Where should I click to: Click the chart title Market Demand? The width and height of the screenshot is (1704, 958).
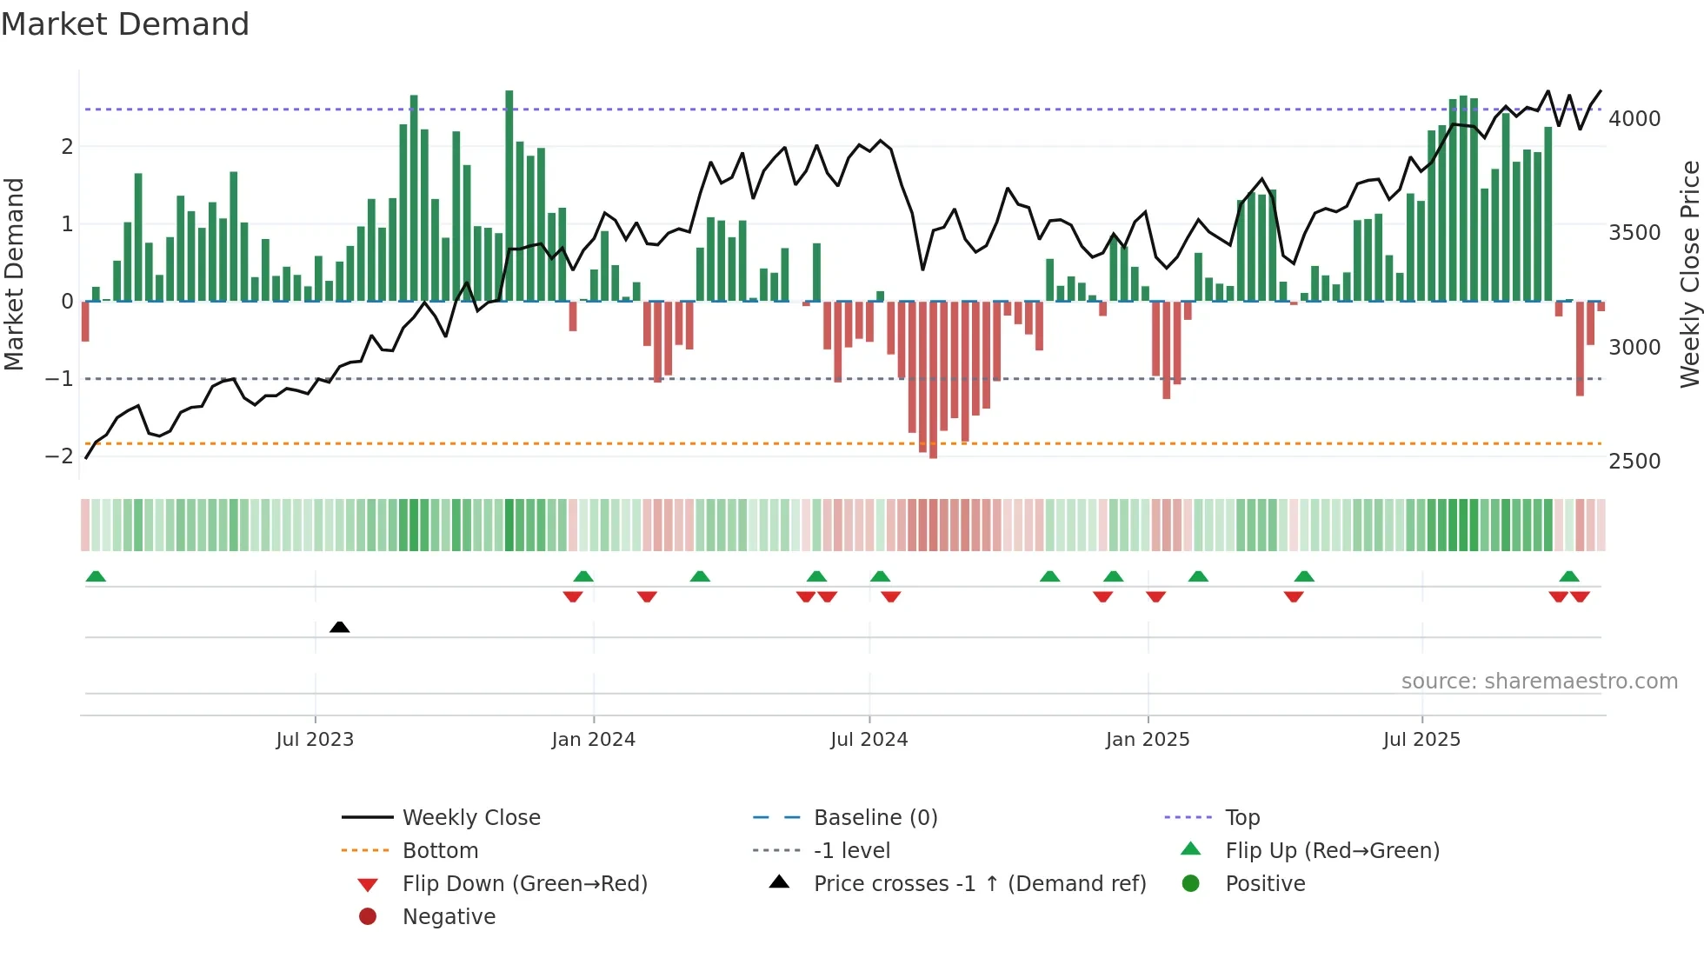[x=125, y=24]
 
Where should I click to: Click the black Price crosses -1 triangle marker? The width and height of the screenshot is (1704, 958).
[x=340, y=627]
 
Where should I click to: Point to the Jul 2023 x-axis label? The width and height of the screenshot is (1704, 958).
[x=315, y=740]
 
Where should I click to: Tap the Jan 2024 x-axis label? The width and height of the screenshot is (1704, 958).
[x=593, y=740]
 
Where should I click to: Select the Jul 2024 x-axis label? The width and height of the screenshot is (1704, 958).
[x=869, y=740]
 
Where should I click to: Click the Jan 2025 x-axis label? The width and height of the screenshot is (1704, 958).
[x=1147, y=740]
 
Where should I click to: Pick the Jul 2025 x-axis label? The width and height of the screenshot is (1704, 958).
[x=1421, y=740]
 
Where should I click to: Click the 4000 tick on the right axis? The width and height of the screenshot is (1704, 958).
[x=1634, y=119]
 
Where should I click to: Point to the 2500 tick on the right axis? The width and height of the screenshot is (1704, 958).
[x=1634, y=462]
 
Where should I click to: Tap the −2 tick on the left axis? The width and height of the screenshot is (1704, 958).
[x=59, y=456]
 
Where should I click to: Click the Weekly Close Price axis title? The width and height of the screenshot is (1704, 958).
[x=1689, y=274]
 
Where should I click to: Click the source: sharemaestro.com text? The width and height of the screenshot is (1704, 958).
[x=1539, y=682]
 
